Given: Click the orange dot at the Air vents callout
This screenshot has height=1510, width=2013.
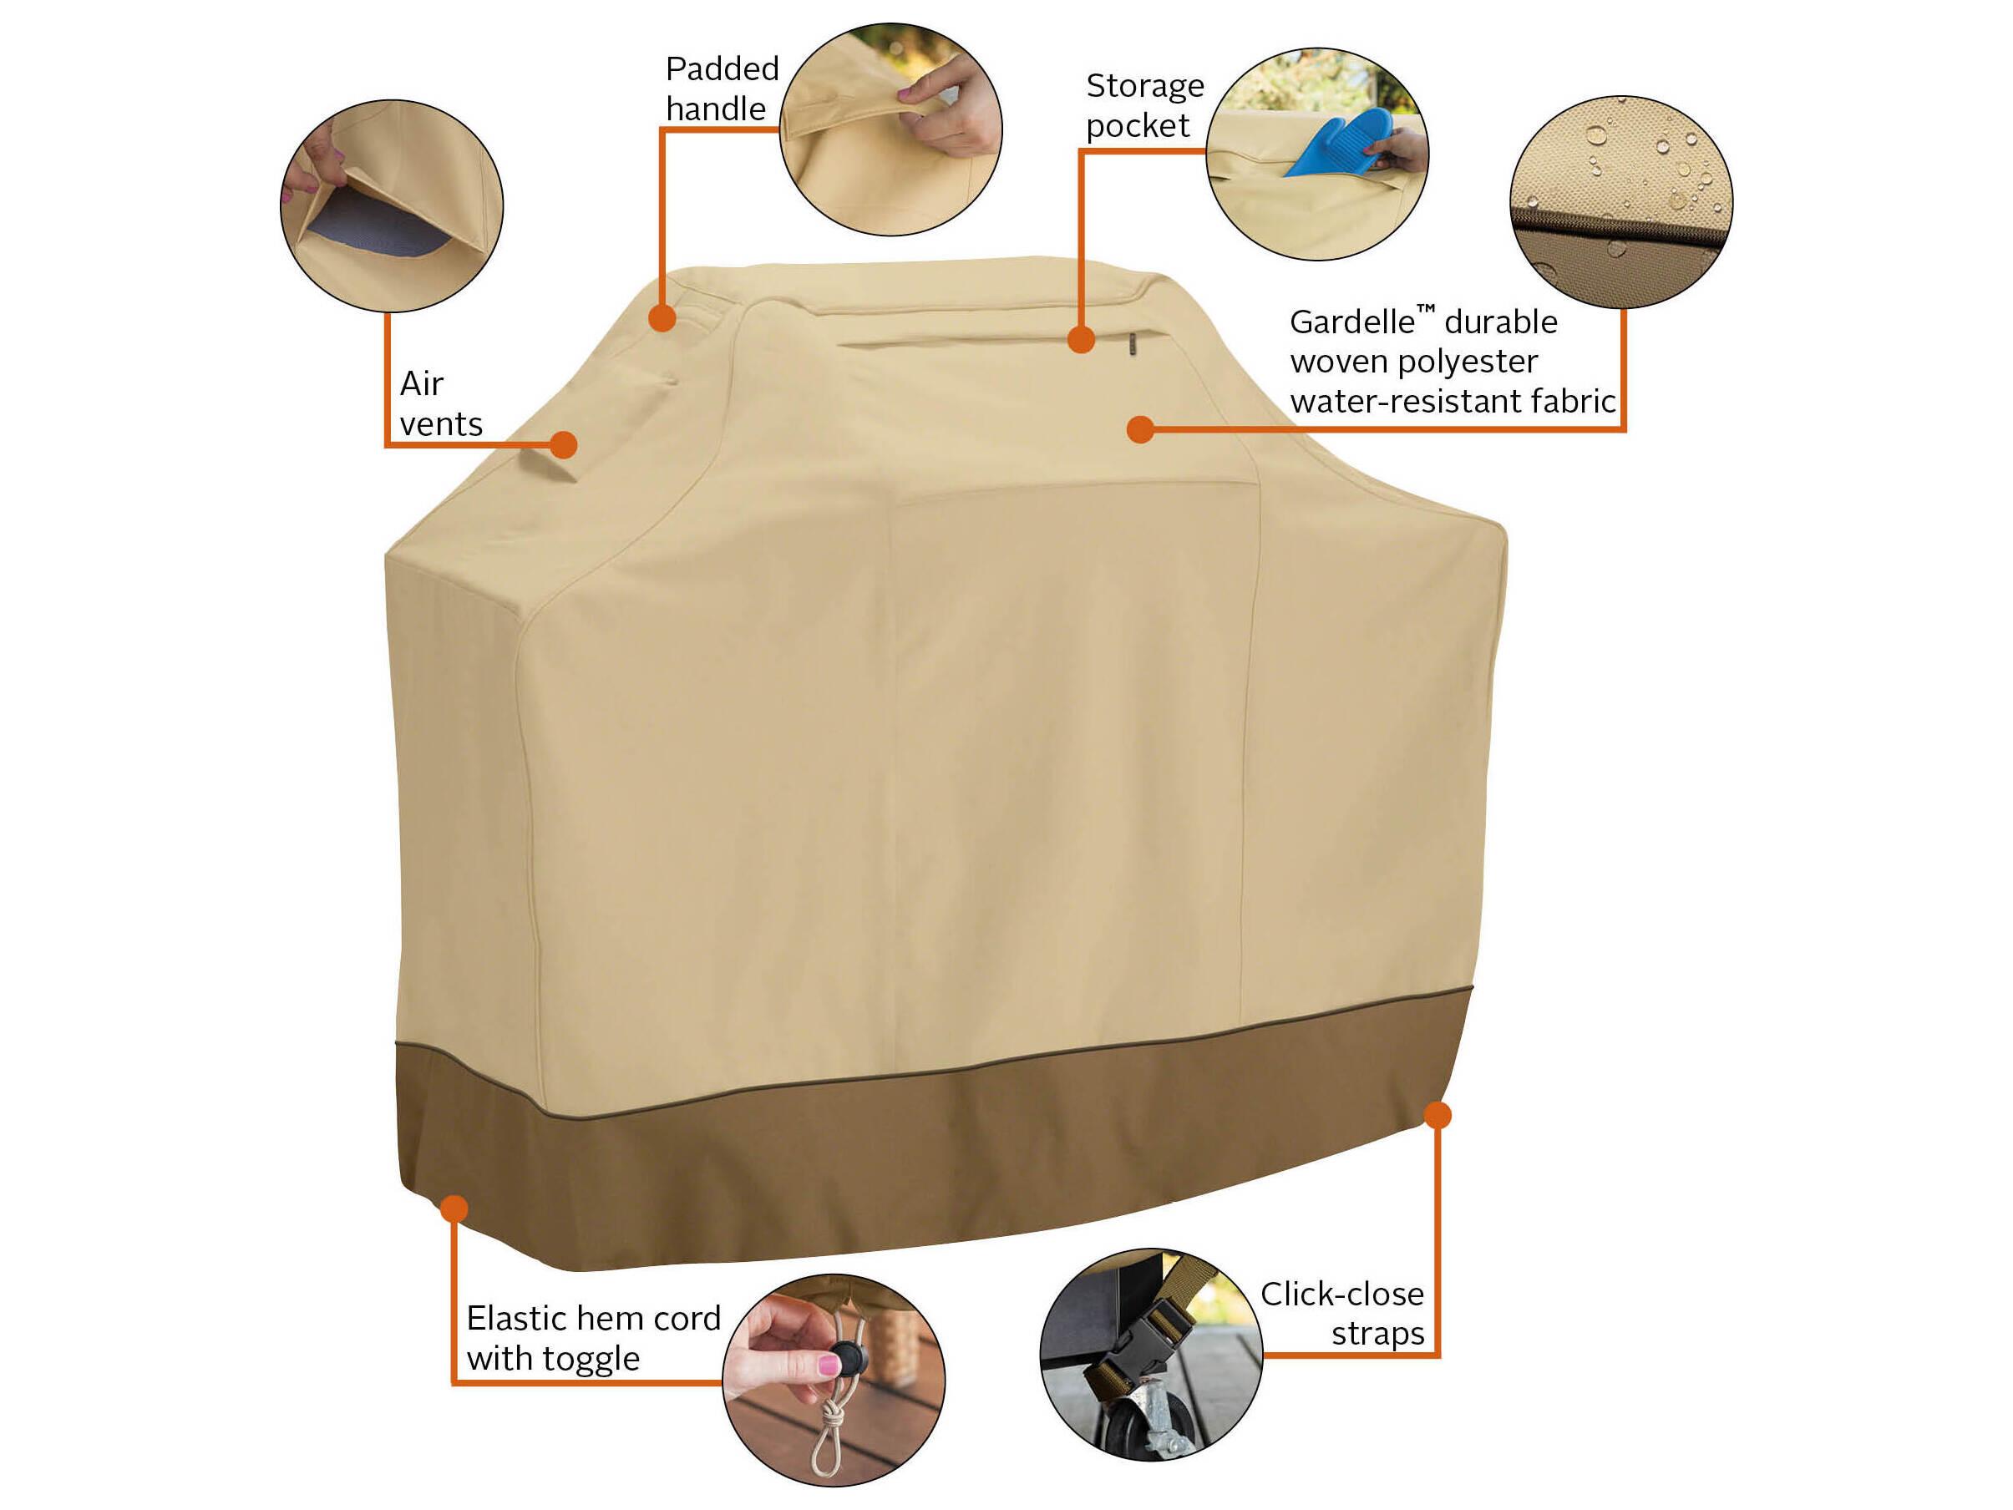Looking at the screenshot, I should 564,444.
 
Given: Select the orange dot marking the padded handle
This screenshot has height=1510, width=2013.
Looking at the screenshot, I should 662,317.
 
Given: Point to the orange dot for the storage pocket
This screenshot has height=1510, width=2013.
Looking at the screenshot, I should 1080,340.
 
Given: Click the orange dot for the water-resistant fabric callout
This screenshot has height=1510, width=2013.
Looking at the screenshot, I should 1140,429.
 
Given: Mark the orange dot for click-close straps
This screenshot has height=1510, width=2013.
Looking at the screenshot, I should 1437,1115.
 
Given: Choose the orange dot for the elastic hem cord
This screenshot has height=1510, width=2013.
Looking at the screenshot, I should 454,1209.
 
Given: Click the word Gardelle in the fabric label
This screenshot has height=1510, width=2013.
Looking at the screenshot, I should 1352,322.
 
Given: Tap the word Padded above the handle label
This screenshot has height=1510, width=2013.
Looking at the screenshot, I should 722,69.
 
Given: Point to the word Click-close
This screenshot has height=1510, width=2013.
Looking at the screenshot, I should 1342,1294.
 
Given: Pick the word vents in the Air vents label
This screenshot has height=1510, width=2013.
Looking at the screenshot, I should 441,424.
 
